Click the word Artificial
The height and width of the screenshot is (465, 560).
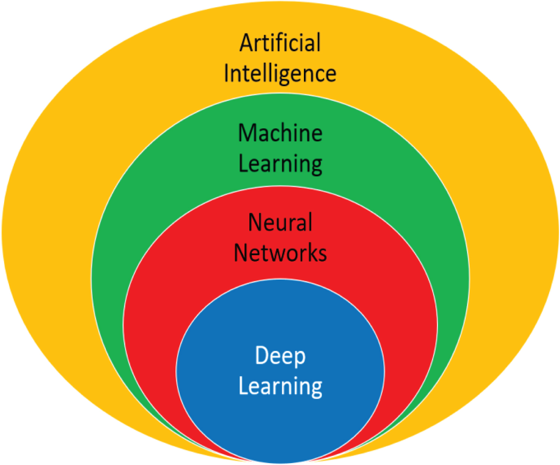point(280,43)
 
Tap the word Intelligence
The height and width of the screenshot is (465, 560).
point(280,73)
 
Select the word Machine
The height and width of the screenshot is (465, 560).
point(280,133)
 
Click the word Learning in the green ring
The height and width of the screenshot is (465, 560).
point(280,163)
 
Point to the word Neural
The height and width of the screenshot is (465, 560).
point(280,222)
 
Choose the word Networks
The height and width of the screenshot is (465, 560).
point(280,253)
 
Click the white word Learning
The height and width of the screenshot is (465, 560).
point(280,386)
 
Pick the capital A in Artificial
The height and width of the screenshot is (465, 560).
point(246,43)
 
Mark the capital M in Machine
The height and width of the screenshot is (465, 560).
point(248,133)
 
